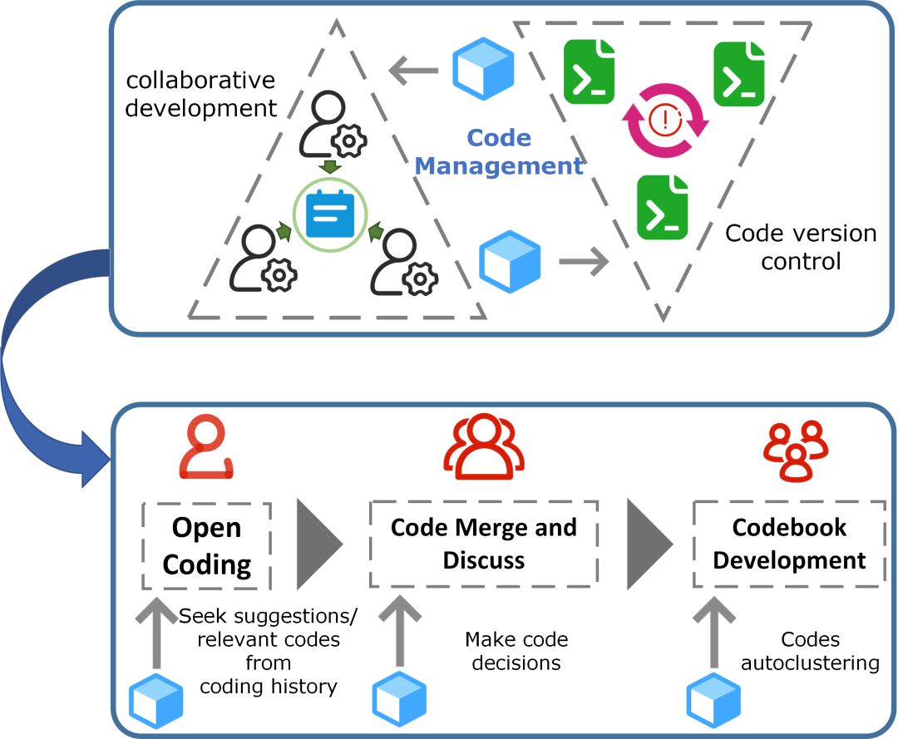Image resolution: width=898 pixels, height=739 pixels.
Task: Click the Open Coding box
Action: [x=207, y=545]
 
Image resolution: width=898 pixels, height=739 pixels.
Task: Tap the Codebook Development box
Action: [x=789, y=544]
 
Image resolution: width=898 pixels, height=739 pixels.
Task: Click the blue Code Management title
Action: [x=499, y=151]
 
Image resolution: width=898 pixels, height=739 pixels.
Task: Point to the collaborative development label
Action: [x=200, y=94]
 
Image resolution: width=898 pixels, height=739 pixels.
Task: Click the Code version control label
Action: [x=801, y=247]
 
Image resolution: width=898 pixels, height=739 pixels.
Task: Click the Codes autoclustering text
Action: [x=810, y=651]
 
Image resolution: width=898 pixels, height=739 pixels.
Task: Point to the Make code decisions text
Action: [x=516, y=651]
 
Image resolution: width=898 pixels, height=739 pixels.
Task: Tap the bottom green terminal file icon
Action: [x=662, y=207]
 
